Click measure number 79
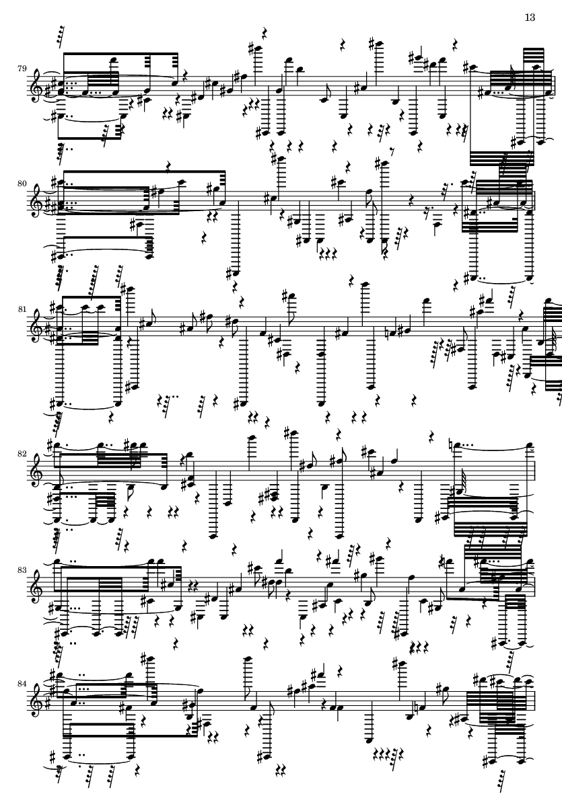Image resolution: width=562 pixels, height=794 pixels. click(22, 68)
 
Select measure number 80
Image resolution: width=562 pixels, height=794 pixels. click(22, 180)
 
